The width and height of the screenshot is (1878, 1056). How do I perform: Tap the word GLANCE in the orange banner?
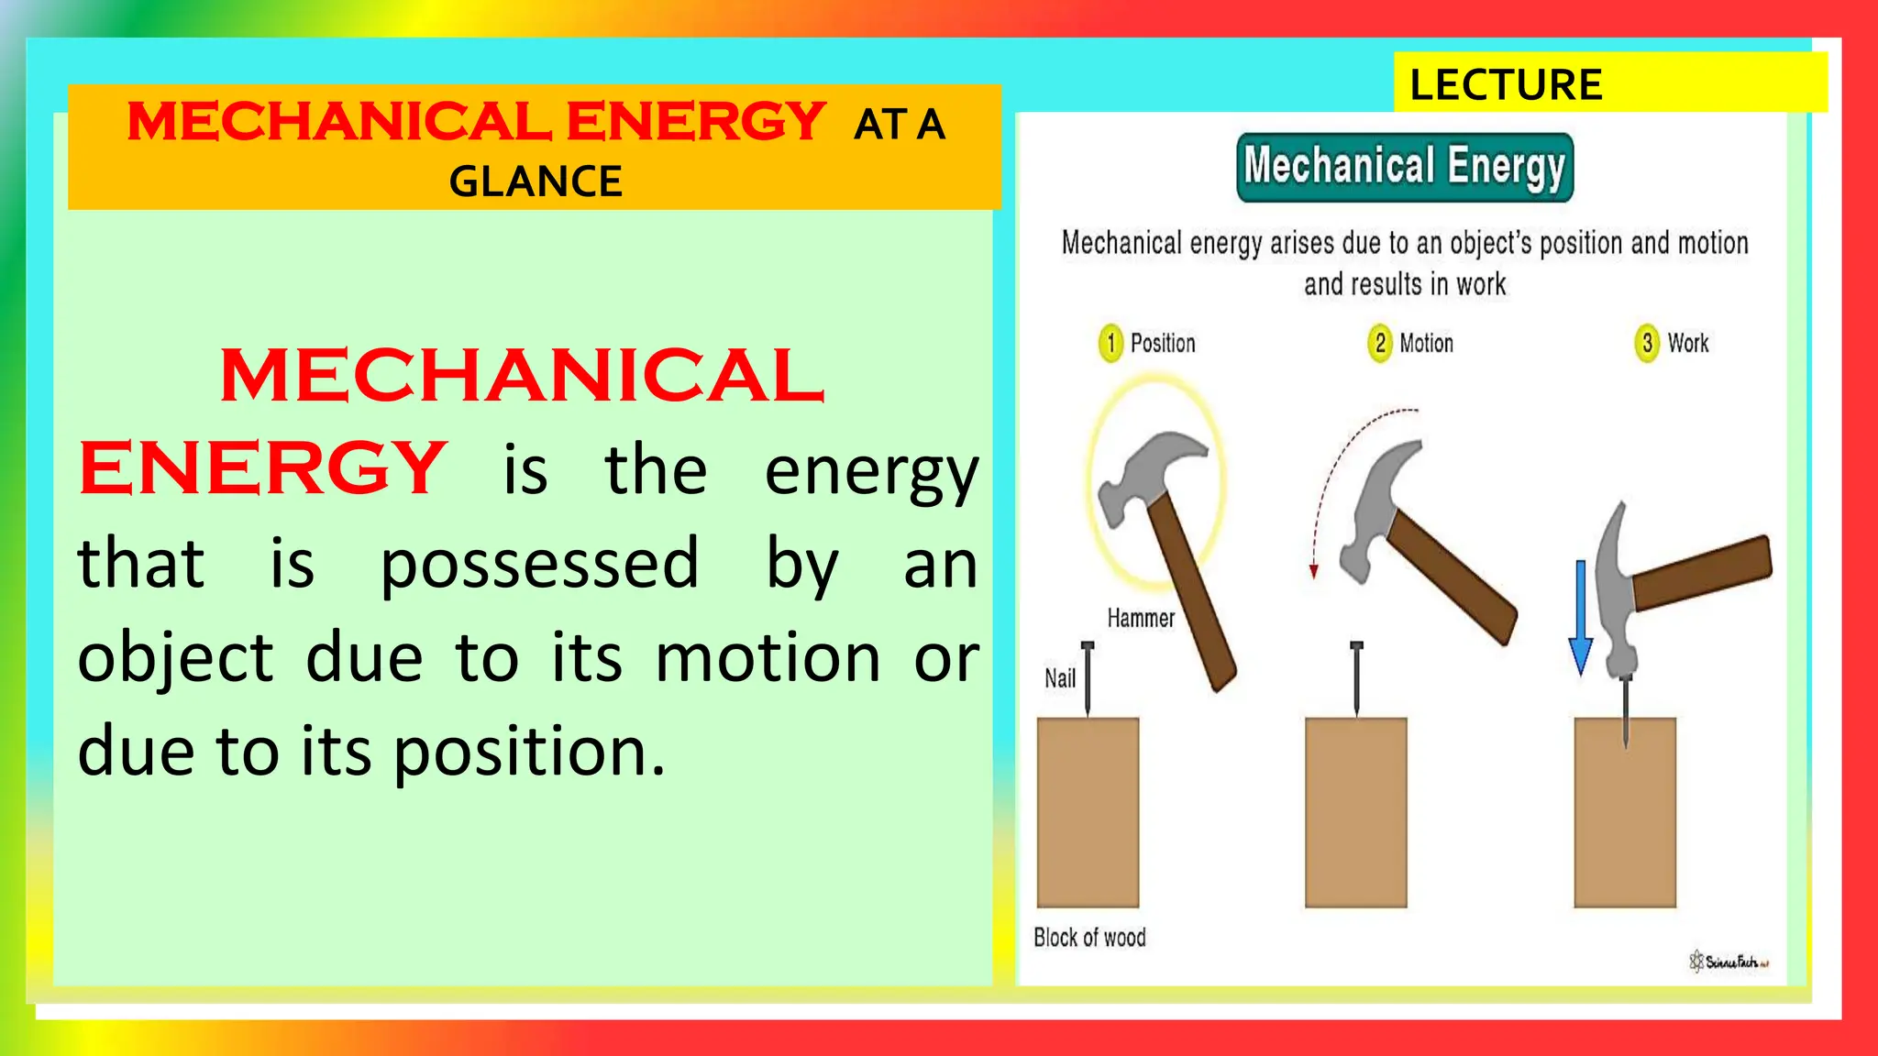[536, 181]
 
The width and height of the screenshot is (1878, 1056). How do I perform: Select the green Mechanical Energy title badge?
[1404, 167]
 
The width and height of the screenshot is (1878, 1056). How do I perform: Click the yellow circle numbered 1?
[1110, 344]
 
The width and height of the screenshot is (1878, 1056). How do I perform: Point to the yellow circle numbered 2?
[1379, 344]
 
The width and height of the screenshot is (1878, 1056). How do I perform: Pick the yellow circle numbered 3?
[1647, 344]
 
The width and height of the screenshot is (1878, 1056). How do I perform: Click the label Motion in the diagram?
[1426, 344]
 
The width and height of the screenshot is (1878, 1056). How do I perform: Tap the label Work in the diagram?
[1687, 344]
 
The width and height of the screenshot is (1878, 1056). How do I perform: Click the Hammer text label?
[1140, 619]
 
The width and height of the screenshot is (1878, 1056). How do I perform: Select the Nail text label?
[1060, 678]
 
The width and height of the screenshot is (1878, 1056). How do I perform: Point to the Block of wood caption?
[1089, 938]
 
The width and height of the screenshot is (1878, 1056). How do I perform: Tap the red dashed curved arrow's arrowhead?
[1313, 571]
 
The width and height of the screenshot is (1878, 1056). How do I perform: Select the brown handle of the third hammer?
[1701, 574]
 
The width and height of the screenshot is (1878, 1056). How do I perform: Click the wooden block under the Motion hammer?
[1355, 812]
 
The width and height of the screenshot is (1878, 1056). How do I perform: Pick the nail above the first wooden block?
[1088, 678]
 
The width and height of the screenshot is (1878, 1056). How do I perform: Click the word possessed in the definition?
[539, 565]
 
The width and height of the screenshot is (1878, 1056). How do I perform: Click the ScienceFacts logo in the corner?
[1729, 962]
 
